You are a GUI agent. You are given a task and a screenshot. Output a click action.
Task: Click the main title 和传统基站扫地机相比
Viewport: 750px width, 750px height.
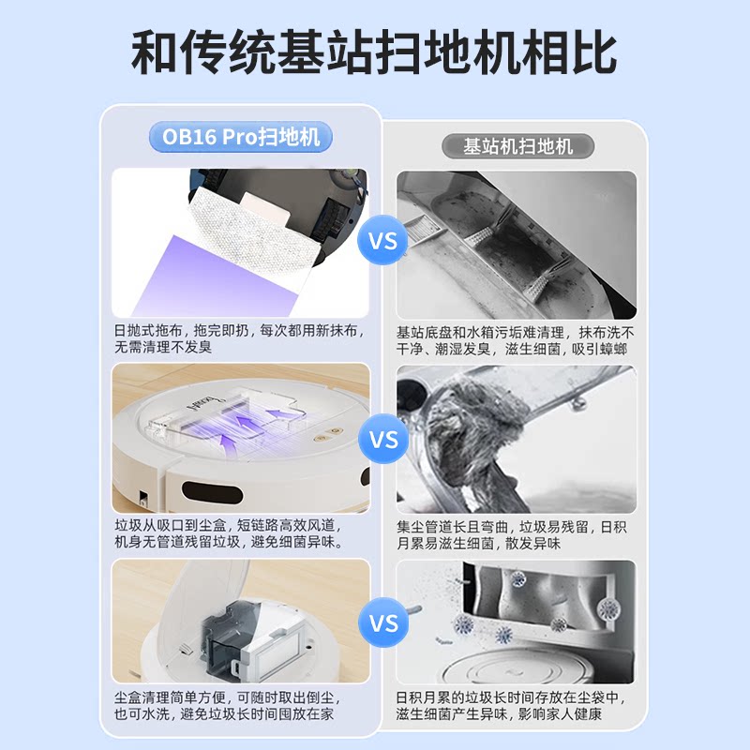point(375,52)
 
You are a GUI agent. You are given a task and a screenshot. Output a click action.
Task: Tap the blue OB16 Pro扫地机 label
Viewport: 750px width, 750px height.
point(241,137)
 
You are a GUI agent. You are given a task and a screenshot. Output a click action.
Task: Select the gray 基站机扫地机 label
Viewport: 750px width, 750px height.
point(517,146)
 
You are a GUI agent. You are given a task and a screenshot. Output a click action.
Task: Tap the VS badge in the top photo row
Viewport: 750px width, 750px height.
point(382,241)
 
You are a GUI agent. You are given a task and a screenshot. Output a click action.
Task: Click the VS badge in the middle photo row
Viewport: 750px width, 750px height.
point(382,440)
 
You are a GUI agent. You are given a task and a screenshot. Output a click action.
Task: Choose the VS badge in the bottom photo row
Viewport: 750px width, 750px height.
point(382,623)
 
